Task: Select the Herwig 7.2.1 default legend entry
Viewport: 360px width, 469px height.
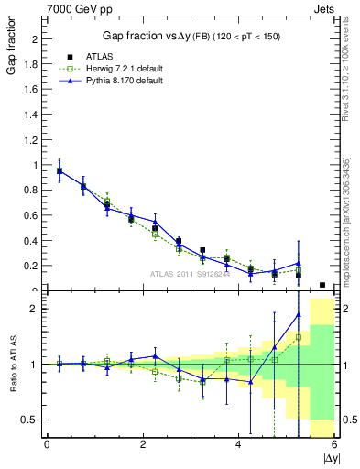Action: click(115, 70)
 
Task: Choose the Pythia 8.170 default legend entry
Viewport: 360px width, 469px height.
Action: click(114, 81)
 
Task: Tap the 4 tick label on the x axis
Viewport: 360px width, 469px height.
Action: click(238, 445)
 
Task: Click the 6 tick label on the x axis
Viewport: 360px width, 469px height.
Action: click(334, 445)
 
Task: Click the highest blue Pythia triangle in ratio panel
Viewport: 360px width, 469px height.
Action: click(299, 315)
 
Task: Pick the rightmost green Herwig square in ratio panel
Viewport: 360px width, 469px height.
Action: click(299, 337)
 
